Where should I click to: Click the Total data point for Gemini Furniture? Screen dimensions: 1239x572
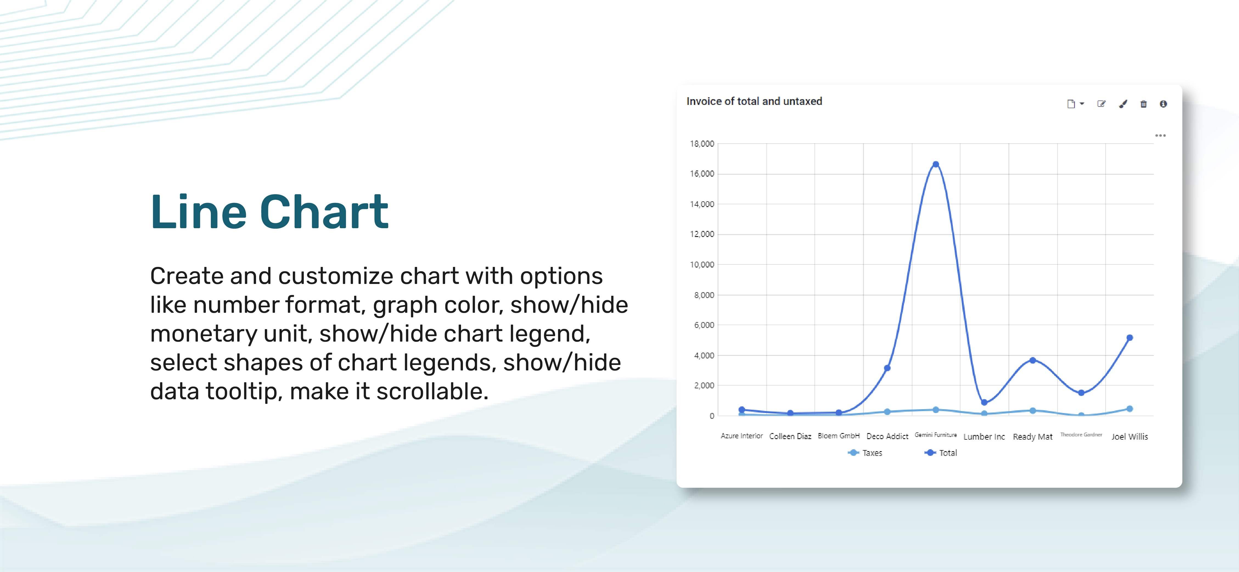click(935, 164)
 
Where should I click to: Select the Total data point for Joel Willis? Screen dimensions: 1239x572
click(1129, 337)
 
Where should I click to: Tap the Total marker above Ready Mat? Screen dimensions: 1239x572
click(1032, 360)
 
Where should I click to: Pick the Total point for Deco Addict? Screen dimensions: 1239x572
click(887, 368)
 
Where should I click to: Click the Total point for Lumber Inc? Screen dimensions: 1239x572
click(984, 402)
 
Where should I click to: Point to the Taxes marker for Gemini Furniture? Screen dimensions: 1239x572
click(935, 410)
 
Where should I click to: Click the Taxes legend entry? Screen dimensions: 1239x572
click(865, 453)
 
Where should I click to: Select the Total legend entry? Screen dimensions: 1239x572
click(941, 453)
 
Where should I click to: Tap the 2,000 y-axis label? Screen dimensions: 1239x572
click(704, 385)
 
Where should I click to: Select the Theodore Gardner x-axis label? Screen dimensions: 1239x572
click(1081, 434)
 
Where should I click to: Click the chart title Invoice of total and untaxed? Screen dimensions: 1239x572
click(754, 101)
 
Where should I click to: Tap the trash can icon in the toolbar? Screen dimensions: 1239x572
click(1143, 104)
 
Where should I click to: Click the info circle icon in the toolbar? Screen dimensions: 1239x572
click(1163, 104)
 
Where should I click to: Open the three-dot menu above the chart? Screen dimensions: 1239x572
click(1160, 135)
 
